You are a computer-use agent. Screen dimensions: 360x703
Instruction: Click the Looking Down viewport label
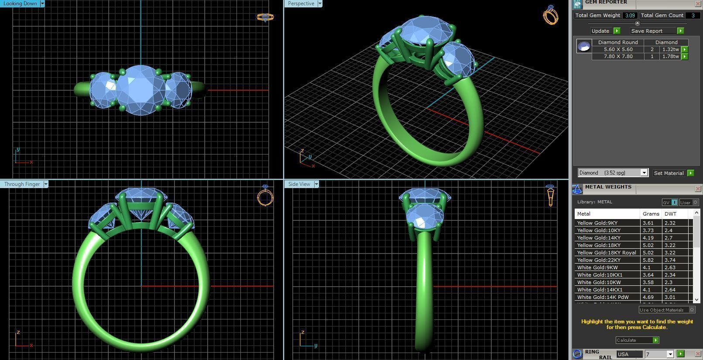[20, 3]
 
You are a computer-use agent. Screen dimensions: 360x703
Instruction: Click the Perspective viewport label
[301, 3]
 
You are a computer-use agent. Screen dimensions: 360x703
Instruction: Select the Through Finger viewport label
[22, 184]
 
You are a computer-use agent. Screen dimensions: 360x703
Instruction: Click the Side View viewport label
[299, 184]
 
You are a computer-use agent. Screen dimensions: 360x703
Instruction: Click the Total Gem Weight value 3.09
[630, 15]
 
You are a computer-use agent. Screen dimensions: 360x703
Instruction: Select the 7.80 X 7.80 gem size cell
[618, 56]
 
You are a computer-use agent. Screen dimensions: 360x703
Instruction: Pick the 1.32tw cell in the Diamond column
[670, 49]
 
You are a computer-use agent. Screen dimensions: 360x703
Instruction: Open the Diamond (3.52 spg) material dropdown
[644, 173]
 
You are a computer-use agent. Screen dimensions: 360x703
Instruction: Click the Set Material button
[669, 173]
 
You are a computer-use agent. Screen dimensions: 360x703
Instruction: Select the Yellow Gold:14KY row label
[599, 238]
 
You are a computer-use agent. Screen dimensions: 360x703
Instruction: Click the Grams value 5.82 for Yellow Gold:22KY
[648, 260]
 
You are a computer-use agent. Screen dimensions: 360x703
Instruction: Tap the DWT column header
[670, 214]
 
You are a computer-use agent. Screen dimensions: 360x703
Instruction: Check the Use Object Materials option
[692, 310]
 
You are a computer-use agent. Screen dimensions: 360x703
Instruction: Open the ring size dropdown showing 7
[670, 354]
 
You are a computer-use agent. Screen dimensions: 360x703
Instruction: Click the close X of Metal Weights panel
[697, 189]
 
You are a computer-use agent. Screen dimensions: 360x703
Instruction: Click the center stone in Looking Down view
[141, 90]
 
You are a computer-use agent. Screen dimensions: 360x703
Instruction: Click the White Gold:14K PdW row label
[603, 297]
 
